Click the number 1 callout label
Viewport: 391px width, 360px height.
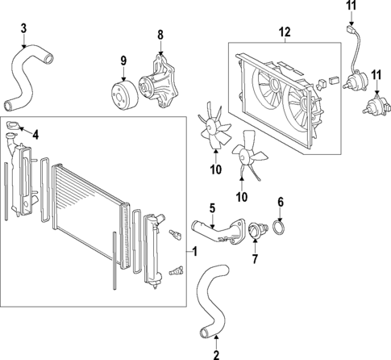(194, 252)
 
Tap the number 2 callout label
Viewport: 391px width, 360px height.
(216, 353)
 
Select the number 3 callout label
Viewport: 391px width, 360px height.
(23, 30)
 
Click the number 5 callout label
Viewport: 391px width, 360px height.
(212, 208)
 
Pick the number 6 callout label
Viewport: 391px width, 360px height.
(281, 202)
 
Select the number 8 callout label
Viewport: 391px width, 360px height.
(160, 35)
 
